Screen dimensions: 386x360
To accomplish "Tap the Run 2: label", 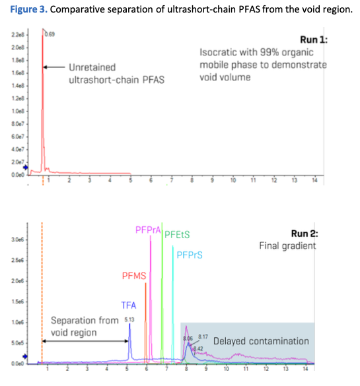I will point(304,233).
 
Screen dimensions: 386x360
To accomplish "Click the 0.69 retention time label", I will point(50,32).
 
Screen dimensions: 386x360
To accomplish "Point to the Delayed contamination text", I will point(261,341).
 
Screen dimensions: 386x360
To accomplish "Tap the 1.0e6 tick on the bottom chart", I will point(17,322).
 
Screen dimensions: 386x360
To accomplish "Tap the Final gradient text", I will point(287,246).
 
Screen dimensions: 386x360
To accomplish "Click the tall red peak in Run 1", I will point(43,99).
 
